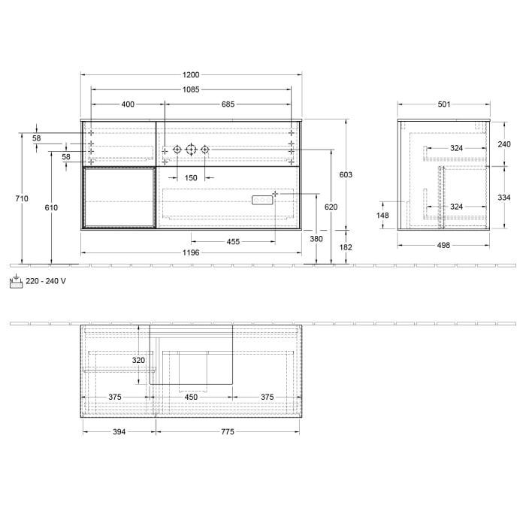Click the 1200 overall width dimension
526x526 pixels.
coord(192,74)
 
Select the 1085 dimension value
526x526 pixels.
coord(192,89)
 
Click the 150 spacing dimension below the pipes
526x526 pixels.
coord(191,178)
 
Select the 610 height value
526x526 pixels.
coord(51,207)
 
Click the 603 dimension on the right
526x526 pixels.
coord(346,174)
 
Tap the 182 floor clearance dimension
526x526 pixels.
coord(346,246)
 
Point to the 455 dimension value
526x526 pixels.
coord(234,241)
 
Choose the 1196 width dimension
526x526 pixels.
coord(191,253)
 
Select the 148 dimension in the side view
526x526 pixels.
coord(382,216)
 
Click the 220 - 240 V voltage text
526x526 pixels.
coord(46,280)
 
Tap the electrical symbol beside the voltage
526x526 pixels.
coord(15,281)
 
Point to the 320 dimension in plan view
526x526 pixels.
coord(138,360)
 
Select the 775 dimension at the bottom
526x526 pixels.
coord(227,432)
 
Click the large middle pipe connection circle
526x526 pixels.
coord(191,150)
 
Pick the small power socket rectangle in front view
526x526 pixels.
coord(261,200)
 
